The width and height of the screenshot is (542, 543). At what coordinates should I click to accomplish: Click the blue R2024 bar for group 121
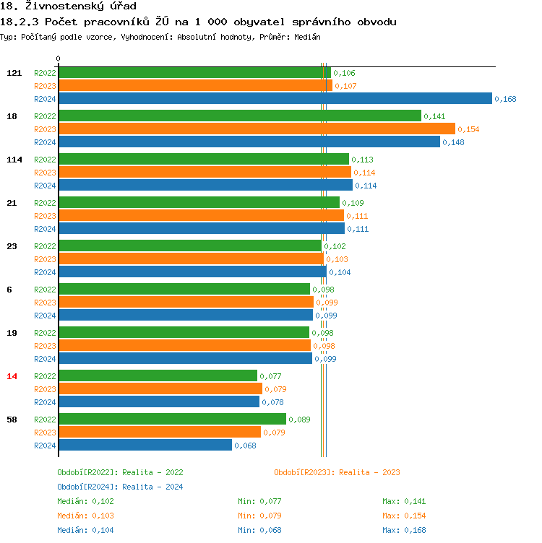point(275,99)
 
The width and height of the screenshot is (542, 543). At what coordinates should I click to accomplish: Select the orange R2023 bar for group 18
point(257,129)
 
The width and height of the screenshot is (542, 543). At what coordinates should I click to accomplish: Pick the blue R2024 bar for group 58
point(145,446)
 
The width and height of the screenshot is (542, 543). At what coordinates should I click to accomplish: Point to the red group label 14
point(12,376)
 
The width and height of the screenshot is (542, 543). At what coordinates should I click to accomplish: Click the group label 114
point(14,160)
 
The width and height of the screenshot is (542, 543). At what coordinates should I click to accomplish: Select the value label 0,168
point(505,99)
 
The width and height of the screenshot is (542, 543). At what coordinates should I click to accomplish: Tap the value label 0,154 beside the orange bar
point(468,129)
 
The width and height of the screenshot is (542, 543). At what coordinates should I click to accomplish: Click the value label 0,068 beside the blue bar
point(245,446)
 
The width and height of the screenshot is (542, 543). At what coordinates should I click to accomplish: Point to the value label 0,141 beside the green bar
point(434,116)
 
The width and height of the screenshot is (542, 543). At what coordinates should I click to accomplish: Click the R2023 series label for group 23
point(45,259)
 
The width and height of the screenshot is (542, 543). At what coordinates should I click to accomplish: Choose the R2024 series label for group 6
point(45,316)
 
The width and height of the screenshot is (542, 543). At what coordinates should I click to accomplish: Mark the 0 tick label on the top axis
point(59,59)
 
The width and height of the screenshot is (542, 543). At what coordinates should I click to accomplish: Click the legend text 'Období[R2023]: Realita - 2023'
point(337,472)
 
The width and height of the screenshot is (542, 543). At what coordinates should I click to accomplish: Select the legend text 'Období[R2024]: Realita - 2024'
point(120,487)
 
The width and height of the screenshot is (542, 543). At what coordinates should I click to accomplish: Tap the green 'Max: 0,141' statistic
point(404,501)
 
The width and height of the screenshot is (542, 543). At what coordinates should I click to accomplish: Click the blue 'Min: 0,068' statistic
point(259,530)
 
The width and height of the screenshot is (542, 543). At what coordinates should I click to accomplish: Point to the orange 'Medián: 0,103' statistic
point(85,516)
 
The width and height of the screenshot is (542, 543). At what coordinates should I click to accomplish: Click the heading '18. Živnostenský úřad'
point(68,6)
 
